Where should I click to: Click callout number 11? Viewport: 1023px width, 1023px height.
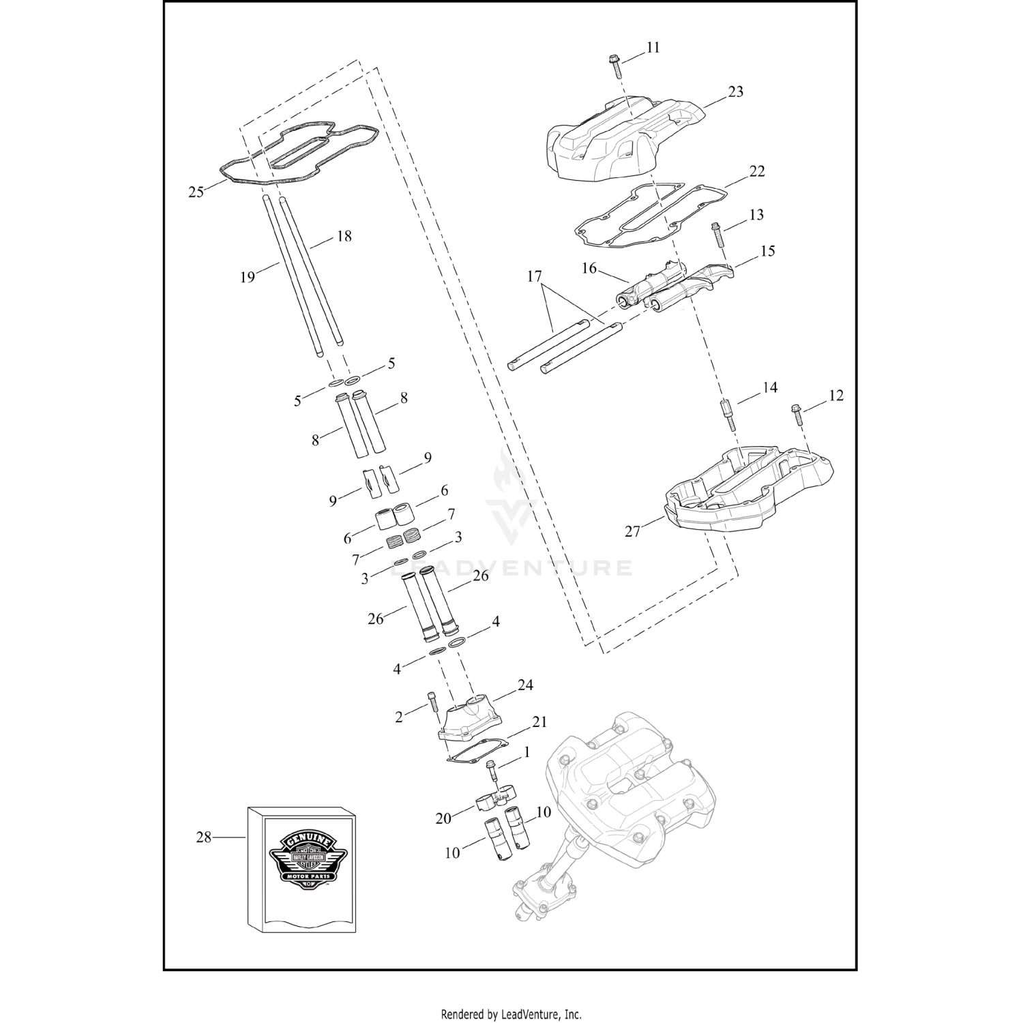tap(653, 48)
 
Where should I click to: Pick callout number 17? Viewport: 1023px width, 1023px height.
tap(534, 276)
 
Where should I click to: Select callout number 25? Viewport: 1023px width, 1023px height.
tap(196, 192)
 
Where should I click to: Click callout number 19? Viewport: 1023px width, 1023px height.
tap(247, 276)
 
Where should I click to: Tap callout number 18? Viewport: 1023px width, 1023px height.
tap(344, 237)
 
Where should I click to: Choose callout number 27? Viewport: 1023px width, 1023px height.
tap(632, 530)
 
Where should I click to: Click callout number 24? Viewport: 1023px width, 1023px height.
tap(524, 685)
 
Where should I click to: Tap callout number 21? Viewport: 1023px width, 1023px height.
tap(539, 722)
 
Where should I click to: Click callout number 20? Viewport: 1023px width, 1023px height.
tap(443, 818)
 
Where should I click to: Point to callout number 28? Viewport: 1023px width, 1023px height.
tap(204, 837)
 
